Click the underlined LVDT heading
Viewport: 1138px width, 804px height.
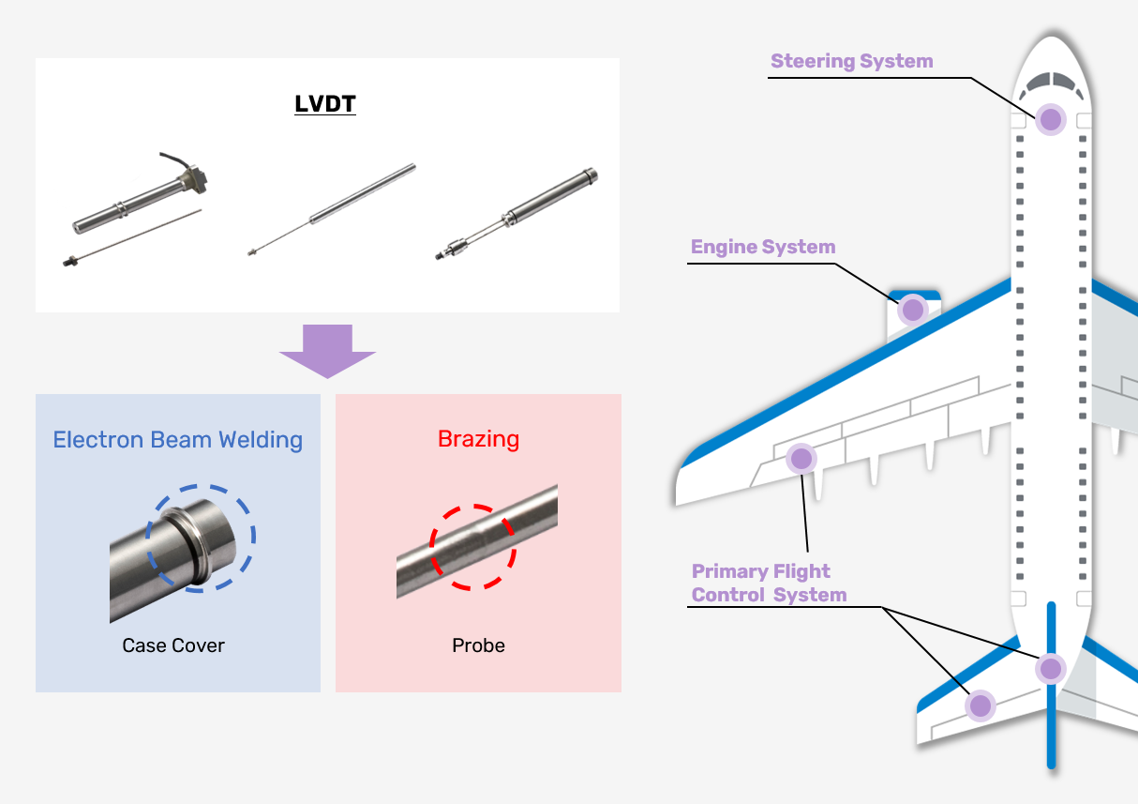point(325,103)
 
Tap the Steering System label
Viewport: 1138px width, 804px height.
point(851,61)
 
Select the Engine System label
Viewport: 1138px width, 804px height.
point(762,247)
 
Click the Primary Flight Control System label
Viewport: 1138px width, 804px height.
point(768,583)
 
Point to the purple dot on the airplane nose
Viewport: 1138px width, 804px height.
point(1051,119)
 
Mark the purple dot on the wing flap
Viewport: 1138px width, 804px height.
point(801,458)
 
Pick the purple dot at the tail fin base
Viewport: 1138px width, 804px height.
point(1050,668)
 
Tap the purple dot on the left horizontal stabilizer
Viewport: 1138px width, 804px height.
point(980,705)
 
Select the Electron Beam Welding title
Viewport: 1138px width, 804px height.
point(177,440)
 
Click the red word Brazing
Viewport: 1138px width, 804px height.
point(478,439)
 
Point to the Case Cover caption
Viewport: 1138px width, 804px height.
point(173,645)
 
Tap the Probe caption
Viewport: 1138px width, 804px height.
point(478,645)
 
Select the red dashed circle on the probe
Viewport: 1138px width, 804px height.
point(472,546)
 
